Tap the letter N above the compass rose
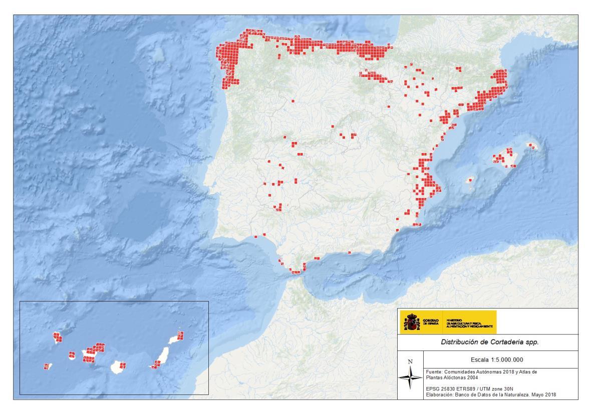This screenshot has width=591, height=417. [x=410, y=361]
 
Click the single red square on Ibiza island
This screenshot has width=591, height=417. [x=470, y=179]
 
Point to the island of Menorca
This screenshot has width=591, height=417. [x=531, y=145]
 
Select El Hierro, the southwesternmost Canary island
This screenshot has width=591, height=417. [x=46, y=366]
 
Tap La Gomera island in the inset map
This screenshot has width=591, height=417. [x=72, y=355]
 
